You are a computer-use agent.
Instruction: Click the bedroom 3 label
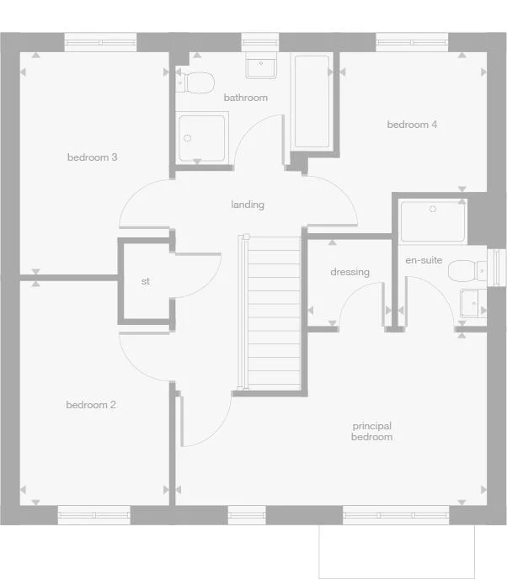pos(92,157)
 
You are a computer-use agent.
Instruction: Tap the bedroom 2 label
pos(91,405)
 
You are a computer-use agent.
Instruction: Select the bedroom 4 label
pos(412,125)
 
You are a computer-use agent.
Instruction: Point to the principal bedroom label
pos(371,432)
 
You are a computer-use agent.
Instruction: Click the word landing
pos(248,205)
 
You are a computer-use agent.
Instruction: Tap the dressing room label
pos(350,272)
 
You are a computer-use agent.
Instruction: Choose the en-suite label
pos(424,260)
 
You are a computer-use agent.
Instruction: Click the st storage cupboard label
pos(146,281)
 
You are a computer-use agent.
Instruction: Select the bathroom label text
pos(245,98)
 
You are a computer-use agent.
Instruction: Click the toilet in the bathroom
pos(197,82)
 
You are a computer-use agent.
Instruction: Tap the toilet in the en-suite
pos(467,270)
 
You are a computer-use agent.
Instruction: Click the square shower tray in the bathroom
pos(202,138)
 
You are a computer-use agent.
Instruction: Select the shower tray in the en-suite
pos(432,221)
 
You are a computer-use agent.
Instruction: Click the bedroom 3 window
pos(101,40)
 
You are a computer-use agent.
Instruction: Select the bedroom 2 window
pos(94,513)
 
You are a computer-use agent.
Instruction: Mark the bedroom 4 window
pos(411,40)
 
